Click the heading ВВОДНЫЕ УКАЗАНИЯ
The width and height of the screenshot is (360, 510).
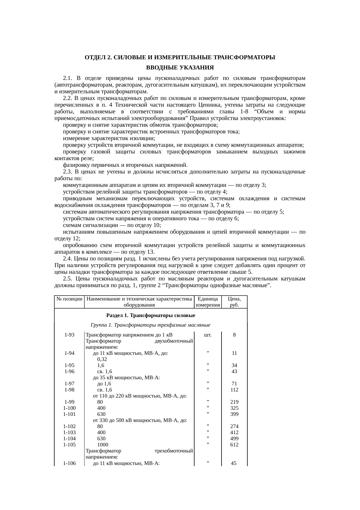coord(180,68)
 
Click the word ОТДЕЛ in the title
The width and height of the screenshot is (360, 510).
coord(95,58)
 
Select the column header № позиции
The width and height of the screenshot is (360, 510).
coord(69,299)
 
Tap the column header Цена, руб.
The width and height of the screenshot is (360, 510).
coord(234,302)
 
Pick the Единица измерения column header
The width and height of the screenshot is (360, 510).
coord(208,302)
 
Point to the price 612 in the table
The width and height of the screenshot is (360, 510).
coord(234,445)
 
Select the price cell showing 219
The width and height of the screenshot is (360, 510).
coord(234,402)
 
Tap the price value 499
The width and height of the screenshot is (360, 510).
coord(234,439)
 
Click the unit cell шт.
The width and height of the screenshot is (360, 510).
coord(208,335)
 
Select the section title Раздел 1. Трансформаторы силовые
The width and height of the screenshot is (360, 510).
coord(151,315)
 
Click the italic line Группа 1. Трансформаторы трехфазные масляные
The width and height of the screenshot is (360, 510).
coord(151,325)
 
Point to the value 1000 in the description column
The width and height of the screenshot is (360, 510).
coord(102,445)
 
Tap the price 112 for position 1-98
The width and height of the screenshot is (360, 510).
coord(234,390)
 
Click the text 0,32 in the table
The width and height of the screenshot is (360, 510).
coord(102,359)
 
